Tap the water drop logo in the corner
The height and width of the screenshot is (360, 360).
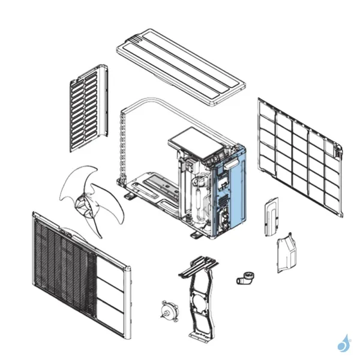[x=344, y=343]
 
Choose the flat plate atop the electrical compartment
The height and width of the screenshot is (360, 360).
[x=191, y=142]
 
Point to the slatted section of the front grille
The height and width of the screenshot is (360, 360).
[x=63, y=264]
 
